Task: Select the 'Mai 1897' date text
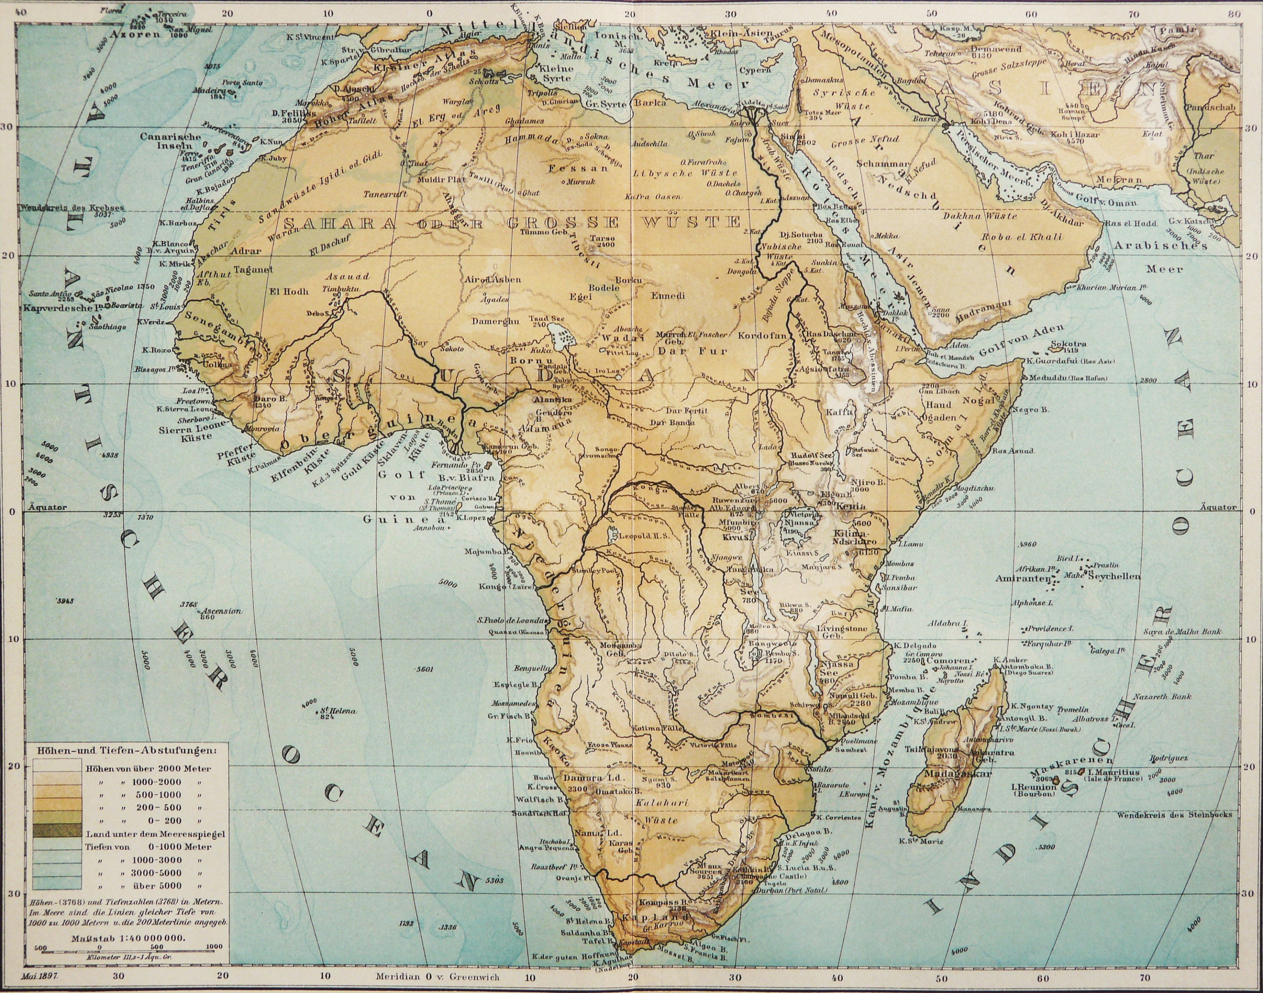(43, 976)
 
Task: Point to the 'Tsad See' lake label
(545, 319)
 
